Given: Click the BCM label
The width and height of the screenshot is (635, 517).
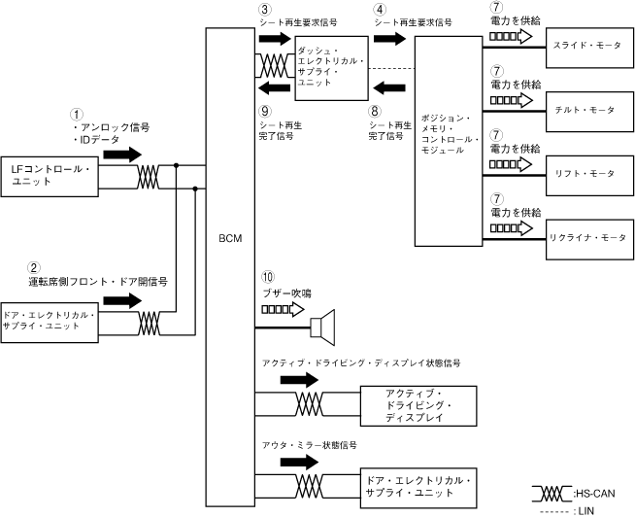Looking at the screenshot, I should pos(230,237).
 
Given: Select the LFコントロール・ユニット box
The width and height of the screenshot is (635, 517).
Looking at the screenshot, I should pos(50,176).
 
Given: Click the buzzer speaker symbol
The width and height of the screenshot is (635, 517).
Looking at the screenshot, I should pos(322,324).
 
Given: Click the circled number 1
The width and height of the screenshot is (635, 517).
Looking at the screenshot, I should pos(78,114).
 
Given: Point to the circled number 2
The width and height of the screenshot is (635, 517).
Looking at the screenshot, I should pos(34,267).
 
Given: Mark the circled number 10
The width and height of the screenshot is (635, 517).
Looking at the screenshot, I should pos(266,277).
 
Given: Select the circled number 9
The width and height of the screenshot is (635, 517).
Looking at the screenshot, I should pos(266,113).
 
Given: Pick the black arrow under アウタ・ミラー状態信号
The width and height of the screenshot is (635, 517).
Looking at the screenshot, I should pos(295,461).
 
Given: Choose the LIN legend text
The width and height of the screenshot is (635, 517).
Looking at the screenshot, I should pos(591,508).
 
